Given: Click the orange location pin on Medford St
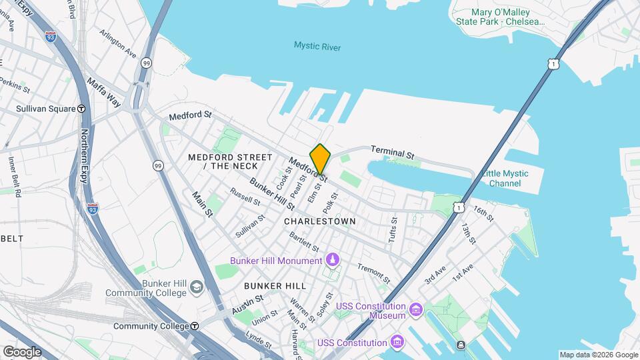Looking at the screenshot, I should pyautogui.click(x=321, y=159).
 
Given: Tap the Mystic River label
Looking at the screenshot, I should pyautogui.click(x=317, y=46).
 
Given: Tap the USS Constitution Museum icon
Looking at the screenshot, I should pyautogui.click(x=416, y=310).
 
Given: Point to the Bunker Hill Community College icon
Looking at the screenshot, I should pyautogui.click(x=196, y=287).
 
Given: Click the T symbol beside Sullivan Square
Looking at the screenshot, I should pyautogui.click(x=81, y=108).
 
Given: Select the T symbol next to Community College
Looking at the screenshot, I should pyautogui.click(x=194, y=326).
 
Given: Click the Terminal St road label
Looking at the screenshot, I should pyautogui.click(x=393, y=153).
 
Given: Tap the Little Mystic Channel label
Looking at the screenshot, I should pyautogui.click(x=505, y=178).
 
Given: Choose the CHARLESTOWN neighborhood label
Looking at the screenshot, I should pyautogui.click(x=319, y=221).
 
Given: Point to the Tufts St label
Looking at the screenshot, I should pyautogui.click(x=393, y=229).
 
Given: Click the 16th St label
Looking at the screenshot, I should pyautogui.click(x=483, y=213).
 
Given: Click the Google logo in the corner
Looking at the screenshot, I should pyautogui.click(x=22, y=351).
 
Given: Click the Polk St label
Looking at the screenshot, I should pyautogui.click(x=333, y=201).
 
